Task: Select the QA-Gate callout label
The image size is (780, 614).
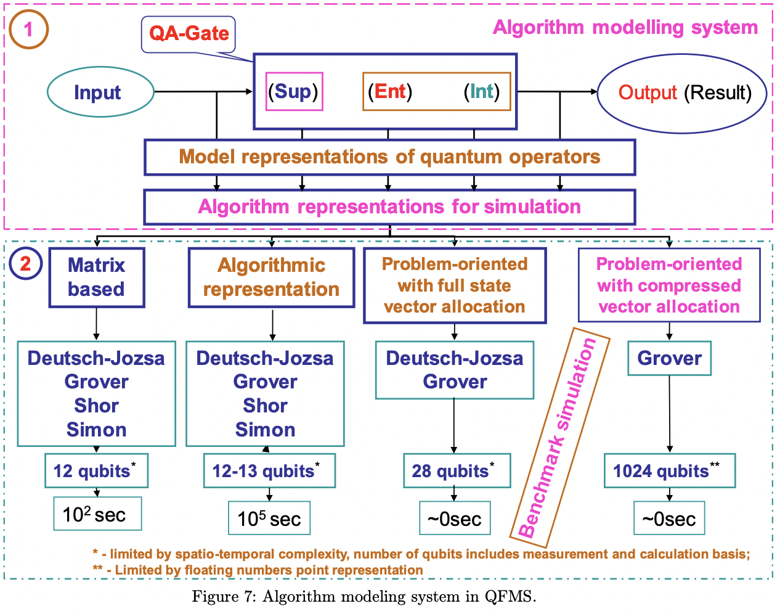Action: coord(189,34)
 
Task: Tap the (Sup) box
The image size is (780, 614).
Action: coord(294,92)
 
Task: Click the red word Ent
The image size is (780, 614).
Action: coord(390,92)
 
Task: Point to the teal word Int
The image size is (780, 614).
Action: coord(482,92)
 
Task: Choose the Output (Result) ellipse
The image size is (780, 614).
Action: coord(682,92)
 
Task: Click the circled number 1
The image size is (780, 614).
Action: coord(28,30)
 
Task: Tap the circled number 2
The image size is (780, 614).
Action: coord(25,264)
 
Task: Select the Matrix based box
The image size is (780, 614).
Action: coord(97,277)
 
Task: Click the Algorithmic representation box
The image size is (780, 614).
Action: coord(271,277)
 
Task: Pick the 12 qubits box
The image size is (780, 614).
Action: coord(96,471)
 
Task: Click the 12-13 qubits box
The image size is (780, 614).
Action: coord(269,471)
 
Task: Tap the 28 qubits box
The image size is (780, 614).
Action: coord(457,471)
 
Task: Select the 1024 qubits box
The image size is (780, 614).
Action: coord(669,471)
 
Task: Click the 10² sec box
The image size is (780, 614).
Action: coord(97,514)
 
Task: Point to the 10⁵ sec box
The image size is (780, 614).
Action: coord(269,518)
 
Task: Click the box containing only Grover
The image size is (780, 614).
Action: coord(669,358)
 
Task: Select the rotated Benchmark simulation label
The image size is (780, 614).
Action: coord(559,438)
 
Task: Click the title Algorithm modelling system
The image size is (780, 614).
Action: coord(625,28)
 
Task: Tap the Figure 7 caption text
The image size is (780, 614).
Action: coord(364,597)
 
